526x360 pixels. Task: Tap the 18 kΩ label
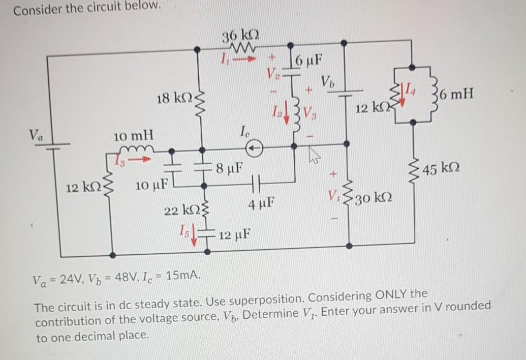(x=172, y=99)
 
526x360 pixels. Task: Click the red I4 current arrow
(x=404, y=95)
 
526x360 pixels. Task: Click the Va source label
(x=36, y=136)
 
